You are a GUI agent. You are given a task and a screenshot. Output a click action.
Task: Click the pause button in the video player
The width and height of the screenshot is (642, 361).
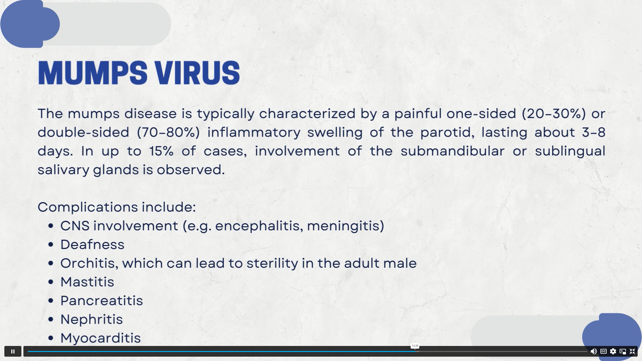(13, 351)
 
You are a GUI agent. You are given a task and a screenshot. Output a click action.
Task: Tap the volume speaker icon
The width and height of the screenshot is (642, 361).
(594, 351)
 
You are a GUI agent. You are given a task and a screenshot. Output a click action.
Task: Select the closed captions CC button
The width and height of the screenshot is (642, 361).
(604, 351)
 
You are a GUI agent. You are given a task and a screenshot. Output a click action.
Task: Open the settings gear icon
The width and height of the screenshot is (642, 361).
(613, 351)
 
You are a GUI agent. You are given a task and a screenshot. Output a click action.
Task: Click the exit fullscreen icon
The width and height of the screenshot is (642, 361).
(632, 351)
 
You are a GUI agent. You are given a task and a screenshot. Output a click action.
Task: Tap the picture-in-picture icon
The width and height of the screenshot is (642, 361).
(623, 351)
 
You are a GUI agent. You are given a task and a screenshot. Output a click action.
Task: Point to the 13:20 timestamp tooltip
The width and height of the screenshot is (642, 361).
(415, 346)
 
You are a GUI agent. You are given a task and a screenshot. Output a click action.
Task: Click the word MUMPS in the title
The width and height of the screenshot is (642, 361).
(93, 73)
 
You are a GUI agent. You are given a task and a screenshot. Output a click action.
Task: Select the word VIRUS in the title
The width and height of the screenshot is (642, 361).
(197, 73)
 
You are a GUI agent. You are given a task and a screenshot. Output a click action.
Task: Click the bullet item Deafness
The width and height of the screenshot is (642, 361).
(92, 244)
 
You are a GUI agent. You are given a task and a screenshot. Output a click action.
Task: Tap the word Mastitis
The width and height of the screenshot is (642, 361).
(87, 282)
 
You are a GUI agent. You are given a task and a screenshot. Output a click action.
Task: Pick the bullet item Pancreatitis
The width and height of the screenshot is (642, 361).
(102, 300)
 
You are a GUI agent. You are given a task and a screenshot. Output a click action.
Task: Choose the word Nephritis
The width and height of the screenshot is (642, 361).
(92, 319)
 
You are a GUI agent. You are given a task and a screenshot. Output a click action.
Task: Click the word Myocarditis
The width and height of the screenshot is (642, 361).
(101, 338)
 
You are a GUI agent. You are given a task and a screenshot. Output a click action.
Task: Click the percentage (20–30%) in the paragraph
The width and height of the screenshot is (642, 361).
(554, 114)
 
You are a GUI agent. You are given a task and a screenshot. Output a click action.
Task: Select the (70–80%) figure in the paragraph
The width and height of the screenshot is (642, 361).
(169, 132)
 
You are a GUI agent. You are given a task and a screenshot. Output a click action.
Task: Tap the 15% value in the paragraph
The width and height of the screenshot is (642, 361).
(161, 151)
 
